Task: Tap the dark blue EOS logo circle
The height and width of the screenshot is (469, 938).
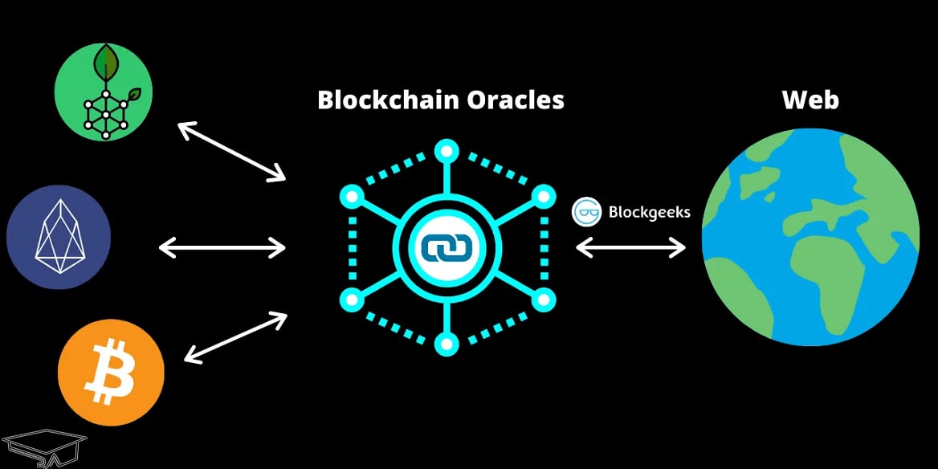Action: [x=59, y=237]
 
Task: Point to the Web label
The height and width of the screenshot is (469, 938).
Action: [x=810, y=100]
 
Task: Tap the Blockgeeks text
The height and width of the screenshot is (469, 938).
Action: [x=649, y=213]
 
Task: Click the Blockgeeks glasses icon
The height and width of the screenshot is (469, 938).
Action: [x=587, y=212]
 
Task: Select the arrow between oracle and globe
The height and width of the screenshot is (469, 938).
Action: [x=630, y=247]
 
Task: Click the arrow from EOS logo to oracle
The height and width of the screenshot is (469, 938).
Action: [x=222, y=247]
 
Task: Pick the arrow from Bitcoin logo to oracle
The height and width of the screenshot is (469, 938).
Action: [x=234, y=337]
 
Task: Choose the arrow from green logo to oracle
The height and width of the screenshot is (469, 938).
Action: [x=231, y=150]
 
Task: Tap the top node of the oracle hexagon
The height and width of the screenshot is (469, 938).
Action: [x=447, y=150]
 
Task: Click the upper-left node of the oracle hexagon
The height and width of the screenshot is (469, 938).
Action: [x=351, y=195]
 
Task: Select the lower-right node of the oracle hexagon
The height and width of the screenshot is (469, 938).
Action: [x=544, y=300]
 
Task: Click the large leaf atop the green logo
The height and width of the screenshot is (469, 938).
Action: [x=105, y=59]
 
